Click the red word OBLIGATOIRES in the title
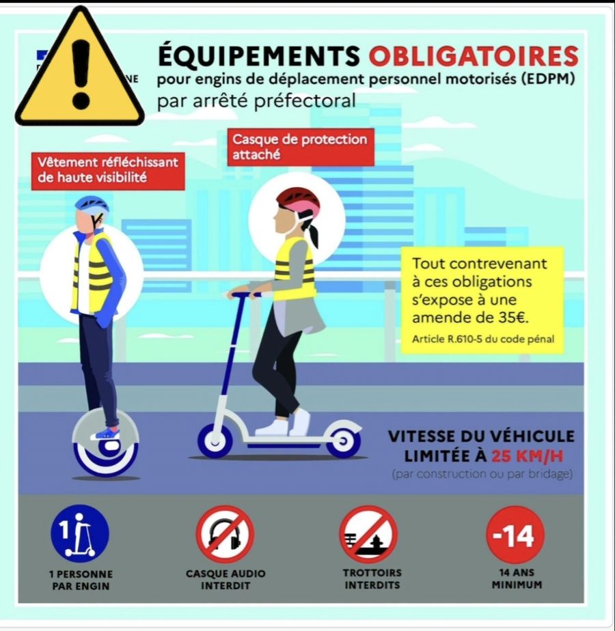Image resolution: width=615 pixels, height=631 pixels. point(474,55)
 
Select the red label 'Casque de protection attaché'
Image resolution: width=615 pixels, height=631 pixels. point(301,147)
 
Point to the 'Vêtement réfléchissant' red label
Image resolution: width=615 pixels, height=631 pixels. point(108,170)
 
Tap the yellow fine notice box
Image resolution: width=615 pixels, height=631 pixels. point(482,300)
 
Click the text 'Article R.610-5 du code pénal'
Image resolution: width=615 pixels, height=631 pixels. point(483,339)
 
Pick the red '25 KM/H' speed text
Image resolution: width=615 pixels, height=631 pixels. point(528,456)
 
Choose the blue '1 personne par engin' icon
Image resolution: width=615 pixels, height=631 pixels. point(80,533)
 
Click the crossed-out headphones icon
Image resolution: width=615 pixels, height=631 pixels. point(225,534)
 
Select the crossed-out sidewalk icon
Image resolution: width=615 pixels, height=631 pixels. point(368,534)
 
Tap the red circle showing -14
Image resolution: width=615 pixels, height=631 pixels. point(515,535)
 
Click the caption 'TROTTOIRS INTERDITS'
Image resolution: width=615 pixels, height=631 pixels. point(372,578)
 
